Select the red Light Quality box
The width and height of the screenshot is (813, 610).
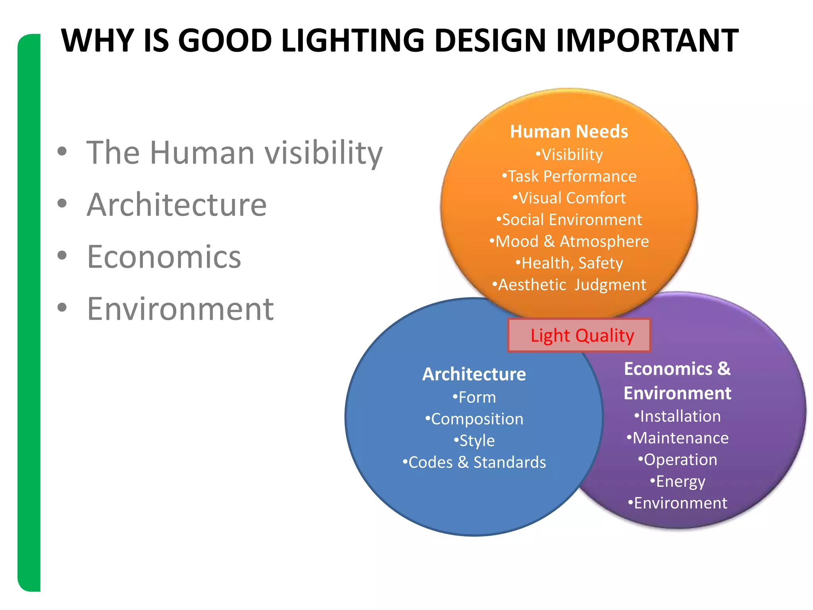579,336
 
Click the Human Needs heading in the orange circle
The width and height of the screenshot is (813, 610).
569,131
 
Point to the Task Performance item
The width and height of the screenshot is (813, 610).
569,176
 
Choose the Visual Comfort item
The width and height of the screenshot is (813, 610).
569,198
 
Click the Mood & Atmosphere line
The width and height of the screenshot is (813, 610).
569,241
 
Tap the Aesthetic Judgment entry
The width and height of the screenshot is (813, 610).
569,285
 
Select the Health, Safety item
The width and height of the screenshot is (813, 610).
569,263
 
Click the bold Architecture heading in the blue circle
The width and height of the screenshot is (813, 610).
474,374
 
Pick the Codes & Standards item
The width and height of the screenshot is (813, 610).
474,462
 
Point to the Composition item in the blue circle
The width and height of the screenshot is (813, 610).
474,419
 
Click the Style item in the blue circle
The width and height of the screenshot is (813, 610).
474,441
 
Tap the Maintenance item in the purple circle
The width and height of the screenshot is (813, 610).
677,438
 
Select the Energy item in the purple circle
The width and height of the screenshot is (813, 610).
677,481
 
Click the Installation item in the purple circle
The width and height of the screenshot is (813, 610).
677,416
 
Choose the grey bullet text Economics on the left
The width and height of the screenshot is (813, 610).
164,257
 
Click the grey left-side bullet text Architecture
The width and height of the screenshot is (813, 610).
177,205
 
